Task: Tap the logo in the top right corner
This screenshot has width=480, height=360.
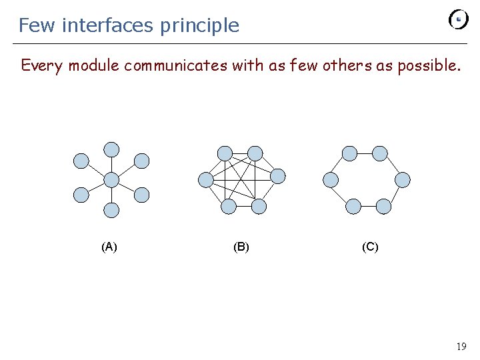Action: (x=459, y=19)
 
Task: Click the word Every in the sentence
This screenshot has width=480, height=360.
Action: (x=42, y=65)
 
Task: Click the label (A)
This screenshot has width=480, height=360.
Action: (x=109, y=247)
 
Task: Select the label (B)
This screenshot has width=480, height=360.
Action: (x=241, y=247)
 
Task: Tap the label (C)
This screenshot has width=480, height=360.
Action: (x=370, y=247)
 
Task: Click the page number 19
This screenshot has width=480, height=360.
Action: (x=461, y=346)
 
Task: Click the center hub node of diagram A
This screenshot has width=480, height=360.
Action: (x=112, y=179)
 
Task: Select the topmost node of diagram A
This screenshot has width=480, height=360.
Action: (x=112, y=149)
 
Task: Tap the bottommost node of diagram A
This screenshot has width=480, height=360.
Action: (x=112, y=211)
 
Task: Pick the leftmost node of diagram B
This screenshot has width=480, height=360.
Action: (x=206, y=179)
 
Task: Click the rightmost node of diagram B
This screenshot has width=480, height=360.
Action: (x=278, y=176)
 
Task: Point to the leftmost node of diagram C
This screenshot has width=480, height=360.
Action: (x=330, y=179)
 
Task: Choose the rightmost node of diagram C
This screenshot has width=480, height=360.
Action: (x=403, y=179)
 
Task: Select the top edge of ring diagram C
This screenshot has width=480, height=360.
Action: (x=365, y=154)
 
